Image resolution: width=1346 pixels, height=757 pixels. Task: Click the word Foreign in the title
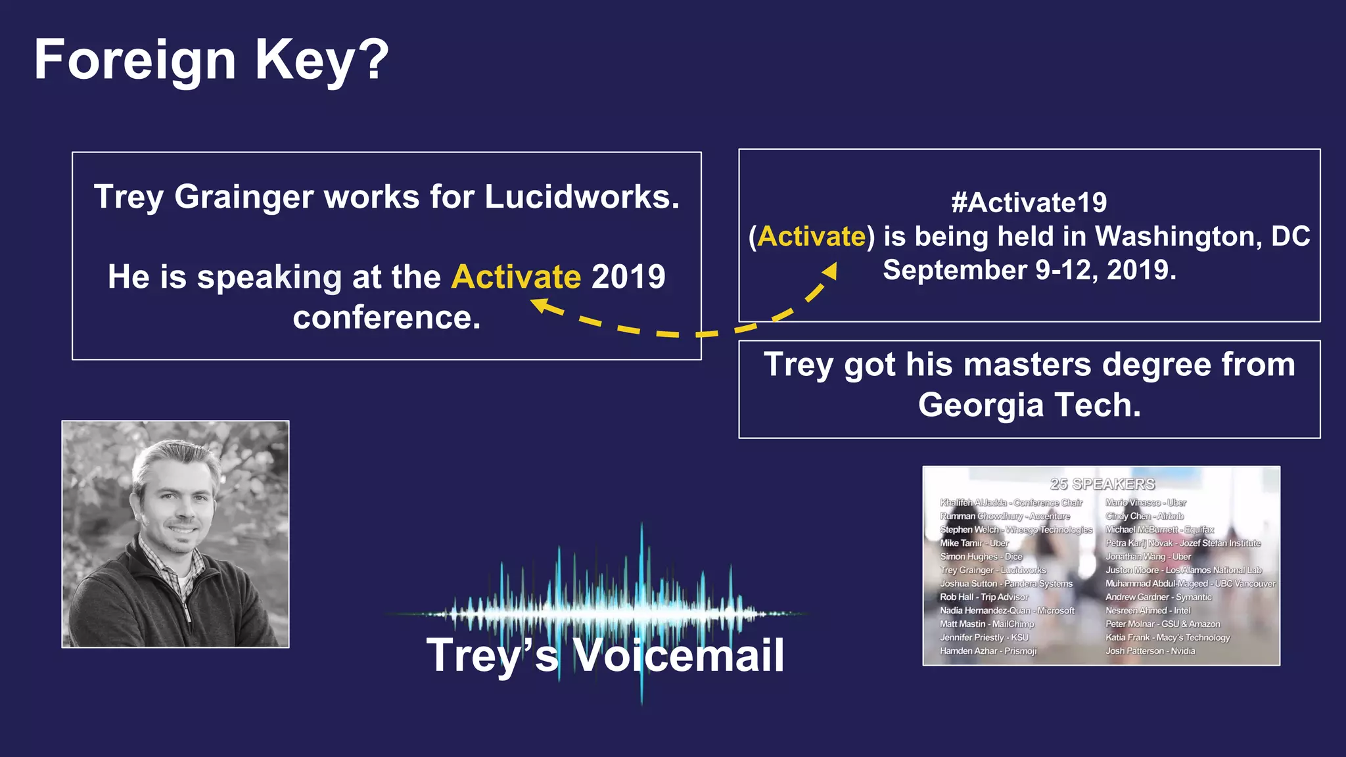135,60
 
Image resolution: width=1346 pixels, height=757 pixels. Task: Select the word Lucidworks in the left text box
582,196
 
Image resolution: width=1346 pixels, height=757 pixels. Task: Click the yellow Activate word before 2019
516,277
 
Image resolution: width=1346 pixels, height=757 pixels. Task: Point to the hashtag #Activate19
1029,202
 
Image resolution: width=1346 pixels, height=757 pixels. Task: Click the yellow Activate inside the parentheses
812,237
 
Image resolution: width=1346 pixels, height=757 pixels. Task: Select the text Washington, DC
1202,237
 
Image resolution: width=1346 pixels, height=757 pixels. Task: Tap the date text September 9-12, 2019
1029,270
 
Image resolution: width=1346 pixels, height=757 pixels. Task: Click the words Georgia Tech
1029,405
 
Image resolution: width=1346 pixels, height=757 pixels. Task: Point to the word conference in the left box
386,317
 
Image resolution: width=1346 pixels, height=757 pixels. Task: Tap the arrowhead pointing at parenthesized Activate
830,271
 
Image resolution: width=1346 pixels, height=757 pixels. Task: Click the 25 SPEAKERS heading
1102,484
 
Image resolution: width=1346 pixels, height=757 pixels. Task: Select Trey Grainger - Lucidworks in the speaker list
992,570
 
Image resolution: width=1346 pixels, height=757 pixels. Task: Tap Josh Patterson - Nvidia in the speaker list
1150,651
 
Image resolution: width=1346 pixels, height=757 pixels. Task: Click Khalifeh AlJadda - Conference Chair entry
1011,503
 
